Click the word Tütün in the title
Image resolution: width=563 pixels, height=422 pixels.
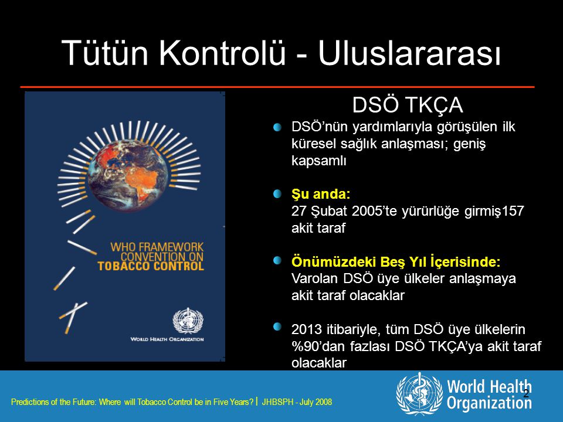(105, 52)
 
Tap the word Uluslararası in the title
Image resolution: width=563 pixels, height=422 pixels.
(409, 52)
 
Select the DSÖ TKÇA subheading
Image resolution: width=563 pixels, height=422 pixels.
(408, 105)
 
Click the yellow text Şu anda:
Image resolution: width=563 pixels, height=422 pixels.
(321, 194)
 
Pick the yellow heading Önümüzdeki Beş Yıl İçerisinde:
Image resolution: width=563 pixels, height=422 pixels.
(396, 261)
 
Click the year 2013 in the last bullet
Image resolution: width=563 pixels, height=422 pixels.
(307, 329)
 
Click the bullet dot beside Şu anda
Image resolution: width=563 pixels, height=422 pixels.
(277, 194)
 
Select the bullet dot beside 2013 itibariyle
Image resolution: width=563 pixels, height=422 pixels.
(277, 327)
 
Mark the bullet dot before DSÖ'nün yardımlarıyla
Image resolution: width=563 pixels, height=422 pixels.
(277, 127)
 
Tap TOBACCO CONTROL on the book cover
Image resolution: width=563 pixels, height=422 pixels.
(151, 266)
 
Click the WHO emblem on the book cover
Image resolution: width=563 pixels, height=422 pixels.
(188, 321)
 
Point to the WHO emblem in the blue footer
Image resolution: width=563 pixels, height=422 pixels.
(419, 394)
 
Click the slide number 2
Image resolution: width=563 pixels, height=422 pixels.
(526, 393)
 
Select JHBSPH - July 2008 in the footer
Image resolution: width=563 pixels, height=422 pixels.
(297, 402)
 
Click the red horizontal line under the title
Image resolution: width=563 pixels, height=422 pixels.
(277, 87)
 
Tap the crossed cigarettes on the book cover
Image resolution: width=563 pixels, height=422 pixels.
(73, 317)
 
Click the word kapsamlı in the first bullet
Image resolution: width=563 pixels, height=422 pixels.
(319, 161)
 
